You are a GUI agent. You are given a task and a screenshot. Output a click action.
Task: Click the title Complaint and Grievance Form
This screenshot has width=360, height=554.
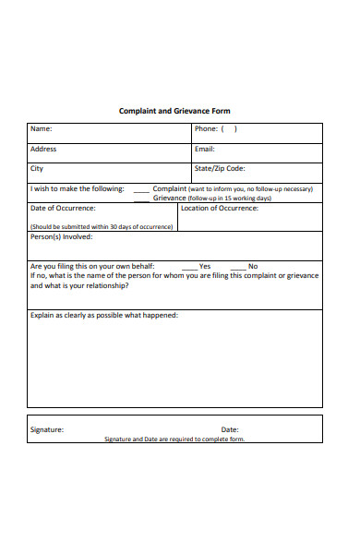pos(174,111)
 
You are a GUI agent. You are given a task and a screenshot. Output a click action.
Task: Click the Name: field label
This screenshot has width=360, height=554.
pos(42,129)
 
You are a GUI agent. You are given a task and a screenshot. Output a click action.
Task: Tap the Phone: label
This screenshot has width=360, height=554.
pos(207,129)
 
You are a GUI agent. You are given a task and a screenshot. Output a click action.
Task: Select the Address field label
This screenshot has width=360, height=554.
pos(43,149)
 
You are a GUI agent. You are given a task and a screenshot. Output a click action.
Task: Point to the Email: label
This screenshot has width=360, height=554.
pos(205,149)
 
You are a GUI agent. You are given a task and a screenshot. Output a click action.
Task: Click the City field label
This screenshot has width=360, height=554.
pos(37,168)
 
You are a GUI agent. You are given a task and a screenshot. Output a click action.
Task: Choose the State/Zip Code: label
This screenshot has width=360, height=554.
pos(220,168)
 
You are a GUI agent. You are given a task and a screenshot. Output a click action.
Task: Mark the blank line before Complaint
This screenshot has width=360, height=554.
pos(141,190)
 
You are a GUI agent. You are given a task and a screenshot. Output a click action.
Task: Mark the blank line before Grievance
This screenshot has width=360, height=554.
pos(141,199)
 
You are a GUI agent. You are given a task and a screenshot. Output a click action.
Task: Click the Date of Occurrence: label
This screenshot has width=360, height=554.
pos(63,208)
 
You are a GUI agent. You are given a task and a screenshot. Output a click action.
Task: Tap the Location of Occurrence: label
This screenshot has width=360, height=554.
pos(220,208)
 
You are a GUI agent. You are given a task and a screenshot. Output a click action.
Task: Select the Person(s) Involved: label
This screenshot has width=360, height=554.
pos(61,236)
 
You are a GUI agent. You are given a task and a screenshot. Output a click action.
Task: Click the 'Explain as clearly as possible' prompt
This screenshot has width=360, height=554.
pos(104,315)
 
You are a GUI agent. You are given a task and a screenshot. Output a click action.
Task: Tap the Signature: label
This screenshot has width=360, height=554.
pos(47,429)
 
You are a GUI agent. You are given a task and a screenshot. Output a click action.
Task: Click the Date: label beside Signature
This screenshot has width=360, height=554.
pos(230,429)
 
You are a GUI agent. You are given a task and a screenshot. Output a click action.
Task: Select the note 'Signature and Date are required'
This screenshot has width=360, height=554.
pos(174,440)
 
